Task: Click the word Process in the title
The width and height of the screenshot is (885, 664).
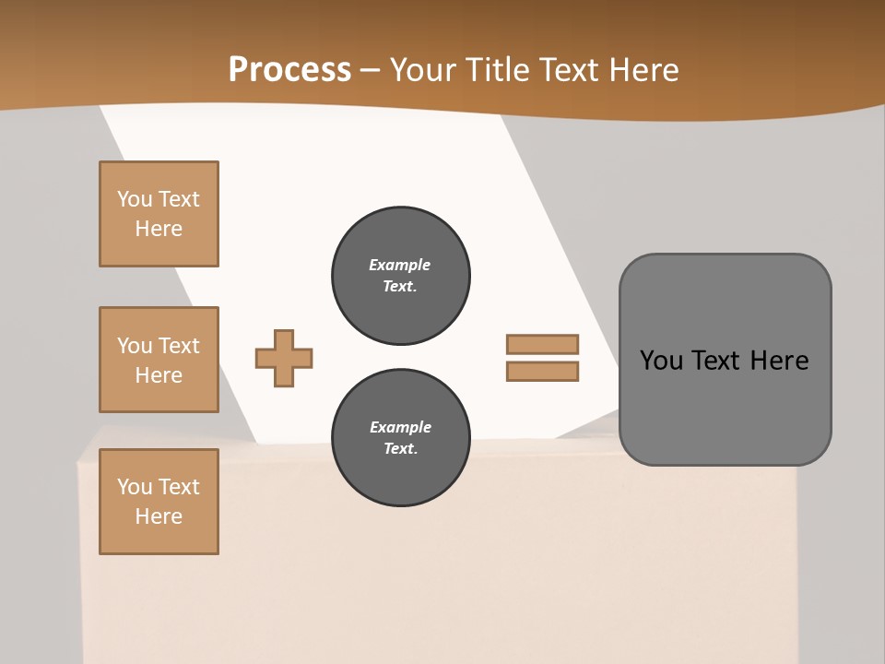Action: click(x=289, y=70)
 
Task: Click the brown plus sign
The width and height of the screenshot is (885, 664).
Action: click(x=284, y=358)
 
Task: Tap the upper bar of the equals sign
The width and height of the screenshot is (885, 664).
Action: click(x=542, y=344)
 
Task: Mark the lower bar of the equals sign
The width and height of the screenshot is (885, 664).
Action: click(x=542, y=371)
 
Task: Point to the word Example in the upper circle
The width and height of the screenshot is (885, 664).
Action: click(x=400, y=265)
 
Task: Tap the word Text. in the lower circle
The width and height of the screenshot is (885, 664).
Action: click(x=400, y=448)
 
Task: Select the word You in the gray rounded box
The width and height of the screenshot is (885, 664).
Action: click(x=661, y=361)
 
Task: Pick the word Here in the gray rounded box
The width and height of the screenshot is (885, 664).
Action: click(x=779, y=361)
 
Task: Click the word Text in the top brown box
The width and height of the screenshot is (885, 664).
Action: click(x=179, y=199)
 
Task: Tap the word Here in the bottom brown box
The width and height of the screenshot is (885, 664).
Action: click(x=159, y=516)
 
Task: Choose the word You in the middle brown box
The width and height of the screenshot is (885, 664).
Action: click(x=135, y=346)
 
